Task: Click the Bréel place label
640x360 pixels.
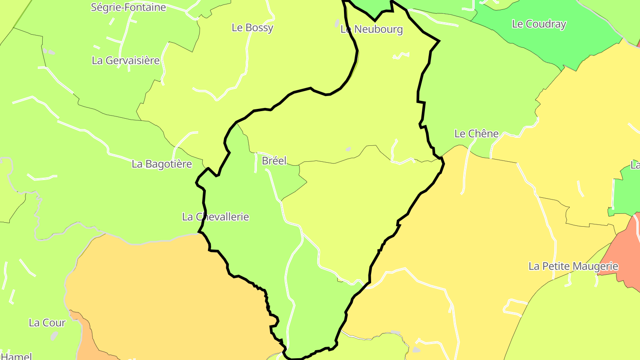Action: (274, 160)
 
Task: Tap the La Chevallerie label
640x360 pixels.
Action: (216, 217)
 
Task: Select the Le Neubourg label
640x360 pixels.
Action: (372, 29)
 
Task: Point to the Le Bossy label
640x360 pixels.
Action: (252, 28)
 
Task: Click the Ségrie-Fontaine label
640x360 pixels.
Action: (128, 7)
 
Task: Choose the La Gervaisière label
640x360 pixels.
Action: (125, 60)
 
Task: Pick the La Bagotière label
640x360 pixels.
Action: (162, 164)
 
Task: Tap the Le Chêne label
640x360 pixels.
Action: (476, 133)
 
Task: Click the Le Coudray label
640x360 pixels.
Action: (539, 24)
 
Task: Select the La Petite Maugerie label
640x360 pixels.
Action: (573, 266)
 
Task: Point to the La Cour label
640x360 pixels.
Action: (47, 323)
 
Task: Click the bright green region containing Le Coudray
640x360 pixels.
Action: (556, 44)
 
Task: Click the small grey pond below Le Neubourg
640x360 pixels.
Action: (348, 149)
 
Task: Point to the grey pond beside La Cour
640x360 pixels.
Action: (54, 335)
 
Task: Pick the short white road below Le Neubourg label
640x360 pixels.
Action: (401, 55)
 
